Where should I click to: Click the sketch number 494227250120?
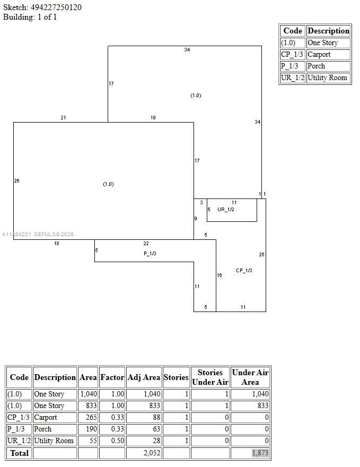(56, 7)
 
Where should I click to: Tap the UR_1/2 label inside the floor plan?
(225, 210)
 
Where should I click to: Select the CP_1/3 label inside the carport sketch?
(244, 271)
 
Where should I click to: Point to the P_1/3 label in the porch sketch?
(150, 254)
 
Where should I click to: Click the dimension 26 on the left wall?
(16, 181)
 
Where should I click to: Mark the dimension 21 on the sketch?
(63, 118)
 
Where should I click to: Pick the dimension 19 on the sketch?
(153, 118)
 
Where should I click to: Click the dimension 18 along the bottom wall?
(56, 244)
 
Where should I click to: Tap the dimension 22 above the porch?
(146, 244)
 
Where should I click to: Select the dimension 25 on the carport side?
(261, 255)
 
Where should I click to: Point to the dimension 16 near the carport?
(219, 275)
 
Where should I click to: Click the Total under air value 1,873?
(260, 453)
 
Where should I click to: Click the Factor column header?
(112, 377)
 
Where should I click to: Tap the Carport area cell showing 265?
(88, 418)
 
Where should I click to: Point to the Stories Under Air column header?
(209, 377)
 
